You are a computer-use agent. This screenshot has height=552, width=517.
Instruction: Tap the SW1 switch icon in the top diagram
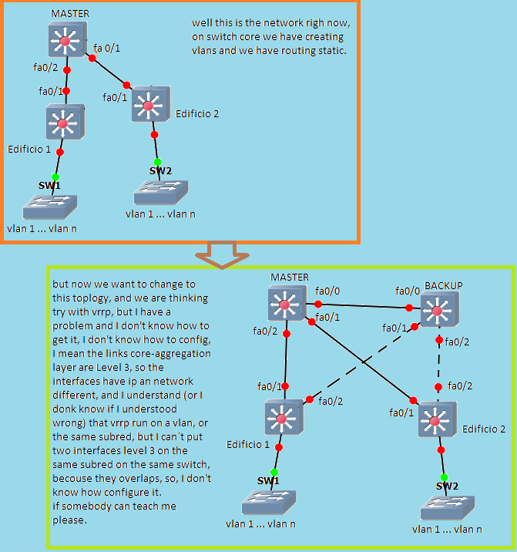click(x=49, y=206)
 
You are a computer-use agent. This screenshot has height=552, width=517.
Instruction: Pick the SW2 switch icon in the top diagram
click(x=159, y=192)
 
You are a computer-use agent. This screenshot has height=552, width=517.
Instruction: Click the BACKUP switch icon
click(x=438, y=311)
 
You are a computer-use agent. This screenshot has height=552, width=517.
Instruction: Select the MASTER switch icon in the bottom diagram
click(x=285, y=305)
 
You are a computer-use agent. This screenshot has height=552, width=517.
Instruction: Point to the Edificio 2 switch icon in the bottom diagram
click(x=437, y=419)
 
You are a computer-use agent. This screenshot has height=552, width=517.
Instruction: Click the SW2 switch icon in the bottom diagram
click(x=447, y=508)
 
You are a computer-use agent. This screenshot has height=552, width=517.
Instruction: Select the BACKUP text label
click(x=443, y=285)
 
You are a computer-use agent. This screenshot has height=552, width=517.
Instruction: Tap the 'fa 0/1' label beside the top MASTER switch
click(x=108, y=49)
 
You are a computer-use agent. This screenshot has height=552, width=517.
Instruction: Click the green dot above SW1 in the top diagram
click(x=55, y=177)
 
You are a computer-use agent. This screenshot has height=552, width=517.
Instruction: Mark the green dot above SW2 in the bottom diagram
click(x=445, y=477)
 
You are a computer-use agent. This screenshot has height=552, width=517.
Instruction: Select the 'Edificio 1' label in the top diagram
click(x=30, y=148)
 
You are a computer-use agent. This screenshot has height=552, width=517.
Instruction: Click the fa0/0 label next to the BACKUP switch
click(x=408, y=291)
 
